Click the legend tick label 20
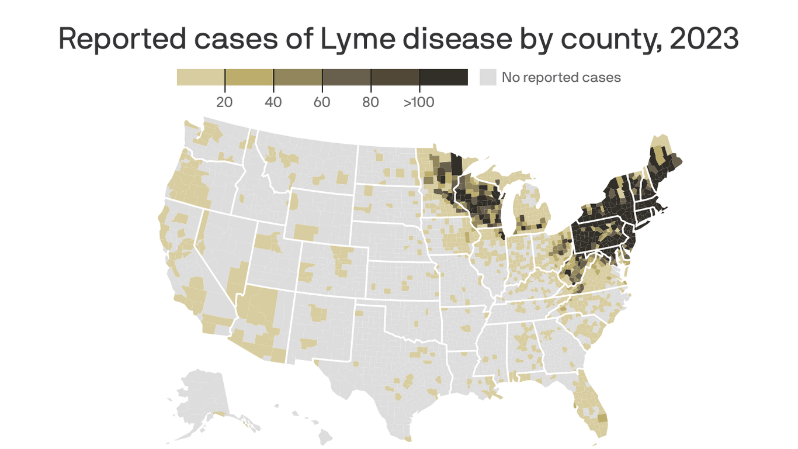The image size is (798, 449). point(224,102)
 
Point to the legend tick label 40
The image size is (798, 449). point(273,102)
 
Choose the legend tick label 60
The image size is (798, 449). point(322,102)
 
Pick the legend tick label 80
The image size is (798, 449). point(370,102)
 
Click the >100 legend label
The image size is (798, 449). point(419,102)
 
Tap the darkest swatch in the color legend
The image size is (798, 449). point(443,77)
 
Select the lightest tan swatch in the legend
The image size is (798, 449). point(200,77)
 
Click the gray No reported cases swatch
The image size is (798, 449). point(488,77)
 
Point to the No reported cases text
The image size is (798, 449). point(561,77)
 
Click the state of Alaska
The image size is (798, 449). point(202,395)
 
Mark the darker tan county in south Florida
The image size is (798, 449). point(603,418)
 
